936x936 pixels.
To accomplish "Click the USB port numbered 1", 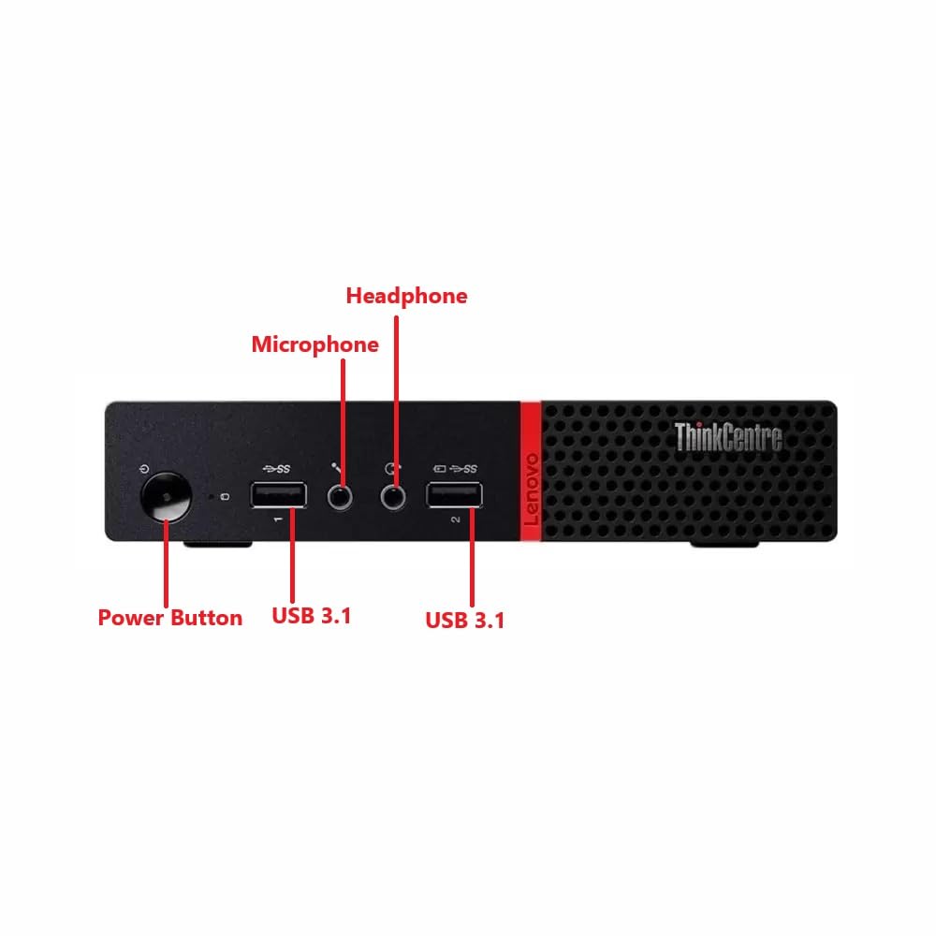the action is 278,494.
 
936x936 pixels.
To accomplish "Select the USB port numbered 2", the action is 455,494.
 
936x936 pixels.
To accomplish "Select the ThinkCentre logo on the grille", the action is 727,437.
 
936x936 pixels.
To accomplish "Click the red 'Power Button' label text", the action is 170,618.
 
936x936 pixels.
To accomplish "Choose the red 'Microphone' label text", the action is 314,344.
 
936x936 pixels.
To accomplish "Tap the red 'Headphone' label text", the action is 406,296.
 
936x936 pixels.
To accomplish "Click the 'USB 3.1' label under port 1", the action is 312,616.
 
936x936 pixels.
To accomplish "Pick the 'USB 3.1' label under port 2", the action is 465,620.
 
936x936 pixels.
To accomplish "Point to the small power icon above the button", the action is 142,469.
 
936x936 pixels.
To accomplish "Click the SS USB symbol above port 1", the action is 278,468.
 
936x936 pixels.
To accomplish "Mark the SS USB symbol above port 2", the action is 462,468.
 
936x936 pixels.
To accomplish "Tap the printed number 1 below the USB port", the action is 278,518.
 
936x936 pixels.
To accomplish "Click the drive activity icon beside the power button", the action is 225,496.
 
